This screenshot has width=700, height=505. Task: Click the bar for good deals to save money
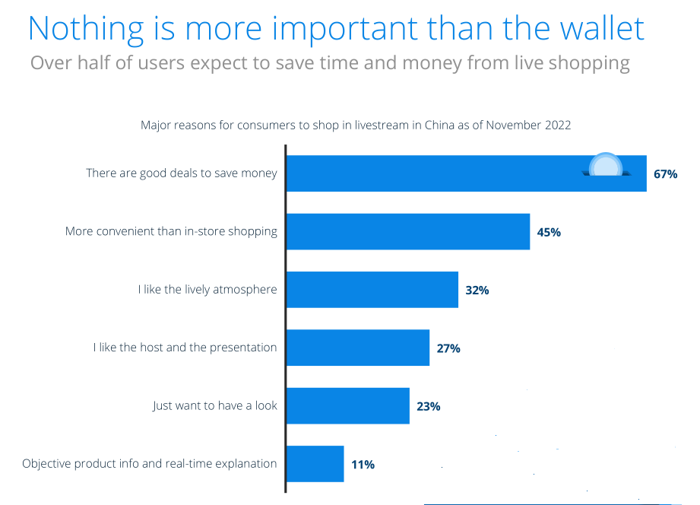point(456,173)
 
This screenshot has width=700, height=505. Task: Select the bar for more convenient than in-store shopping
point(407,231)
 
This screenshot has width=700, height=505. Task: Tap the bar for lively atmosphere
point(372,290)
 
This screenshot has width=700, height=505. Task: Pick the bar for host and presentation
point(358,348)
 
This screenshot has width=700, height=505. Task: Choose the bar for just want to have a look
point(348,405)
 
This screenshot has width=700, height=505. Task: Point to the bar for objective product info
point(315,464)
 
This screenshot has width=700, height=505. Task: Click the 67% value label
point(665,174)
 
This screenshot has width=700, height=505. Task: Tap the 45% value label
point(549,232)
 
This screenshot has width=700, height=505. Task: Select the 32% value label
point(477,291)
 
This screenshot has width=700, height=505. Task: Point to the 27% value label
point(448,348)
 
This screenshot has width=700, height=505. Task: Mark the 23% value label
point(429,406)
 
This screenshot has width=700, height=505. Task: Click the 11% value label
point(363,464)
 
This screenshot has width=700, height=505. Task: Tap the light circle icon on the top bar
point(606,166)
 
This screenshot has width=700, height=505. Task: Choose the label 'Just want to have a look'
point(215,405)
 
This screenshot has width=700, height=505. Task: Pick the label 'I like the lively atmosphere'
point(207,290)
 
